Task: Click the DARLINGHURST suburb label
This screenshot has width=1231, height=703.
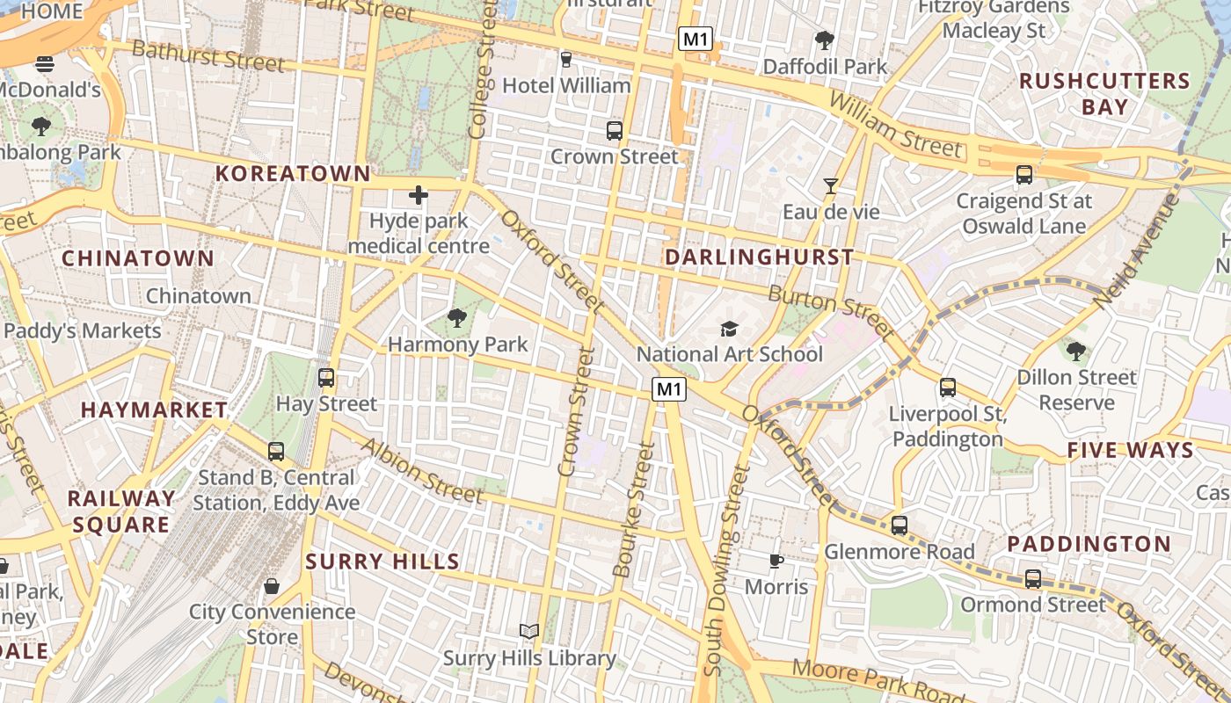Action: click(x=759, y=257)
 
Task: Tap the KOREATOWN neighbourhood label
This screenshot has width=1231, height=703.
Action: click(x=293, y=174)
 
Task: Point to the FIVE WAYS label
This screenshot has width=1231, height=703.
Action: click(x=1130, y=451)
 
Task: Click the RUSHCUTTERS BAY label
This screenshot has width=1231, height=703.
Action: click(x=1104, y=94)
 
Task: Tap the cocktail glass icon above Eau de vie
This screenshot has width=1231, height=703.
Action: click(x=830, y=185)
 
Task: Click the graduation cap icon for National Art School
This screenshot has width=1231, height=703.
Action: click(x=729, y=329)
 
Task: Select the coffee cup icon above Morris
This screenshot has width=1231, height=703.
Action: click(x=776, y=560)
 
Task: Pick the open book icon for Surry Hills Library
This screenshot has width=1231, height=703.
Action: click(x=528, y=631)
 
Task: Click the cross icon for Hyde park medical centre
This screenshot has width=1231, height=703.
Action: click(x=419, y=195)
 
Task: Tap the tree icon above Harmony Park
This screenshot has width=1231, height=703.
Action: click(x=456, y=317)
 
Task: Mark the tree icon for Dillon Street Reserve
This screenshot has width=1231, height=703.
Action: click(x=1075, y=351)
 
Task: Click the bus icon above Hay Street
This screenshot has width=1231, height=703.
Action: click(x=326, y=378)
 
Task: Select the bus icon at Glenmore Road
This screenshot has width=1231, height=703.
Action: click(x=899, y=525)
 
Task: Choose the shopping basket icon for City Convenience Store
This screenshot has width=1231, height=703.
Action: click(x=272, y=585)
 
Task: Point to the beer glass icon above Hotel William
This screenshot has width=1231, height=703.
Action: click(x=565, y=59)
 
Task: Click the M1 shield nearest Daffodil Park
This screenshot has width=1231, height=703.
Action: click(x=695, y=39)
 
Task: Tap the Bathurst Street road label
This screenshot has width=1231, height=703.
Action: click(x=208, y=55)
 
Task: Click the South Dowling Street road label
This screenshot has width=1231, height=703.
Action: click(x=726, y=571)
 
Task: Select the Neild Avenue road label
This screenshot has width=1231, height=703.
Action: click(x=1136, y=251)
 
